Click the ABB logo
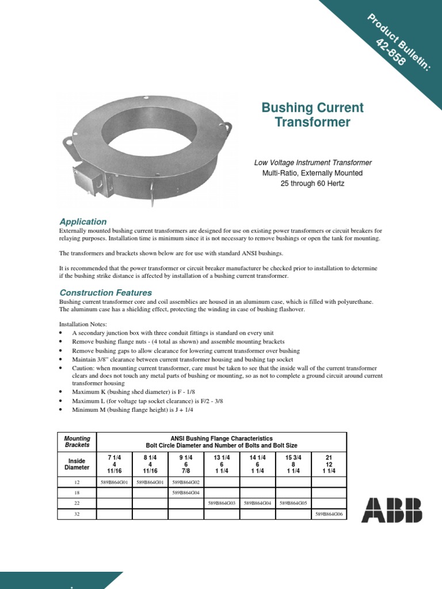click(x=391, y=510)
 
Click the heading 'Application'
click(x=83, y=221)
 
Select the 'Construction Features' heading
click(x=105, y=293)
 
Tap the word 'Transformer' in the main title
click(x=313, y=122)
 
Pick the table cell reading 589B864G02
click(x=186, y=482)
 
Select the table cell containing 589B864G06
click(x=329, y=514)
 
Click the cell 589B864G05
click(x=294, y=503)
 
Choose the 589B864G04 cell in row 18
click(x=186, y=493)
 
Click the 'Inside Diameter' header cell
click(x=77, y=464)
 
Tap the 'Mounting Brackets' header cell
click(x=77, y=442)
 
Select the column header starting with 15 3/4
click(x=294, y=464)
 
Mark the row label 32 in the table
click(x=77, y=514)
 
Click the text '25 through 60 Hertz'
click(x=313, y=183)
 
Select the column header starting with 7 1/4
click(x=115, y=464)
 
